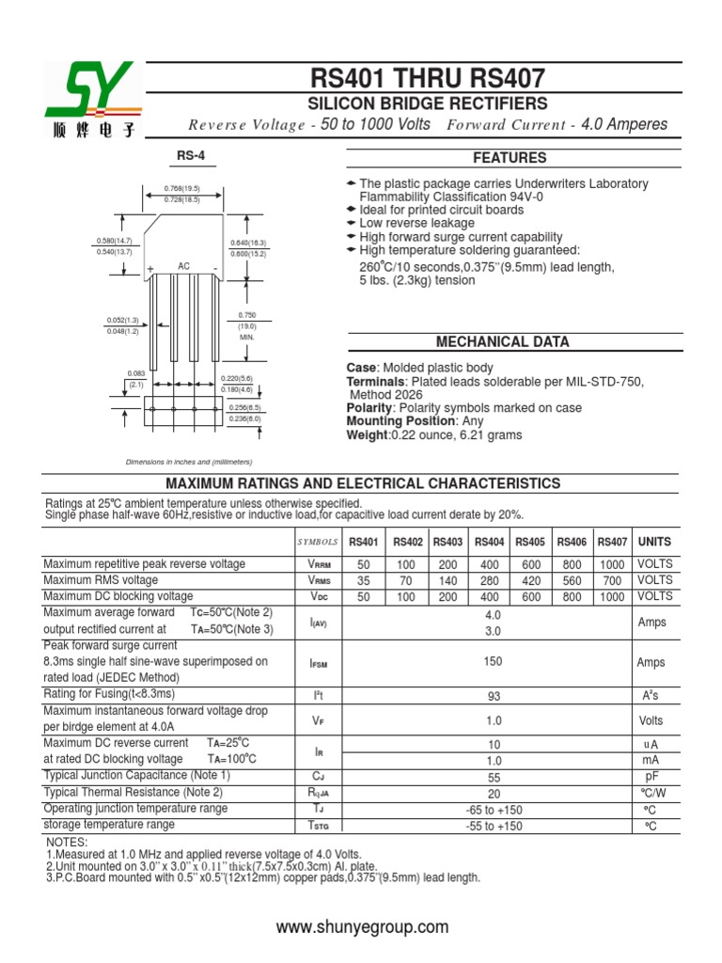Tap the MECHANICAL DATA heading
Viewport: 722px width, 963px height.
click(502, 341)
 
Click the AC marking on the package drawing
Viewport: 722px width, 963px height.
click(184, 267)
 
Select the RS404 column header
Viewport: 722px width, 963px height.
click(490, 542)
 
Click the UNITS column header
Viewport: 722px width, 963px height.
click(654, 542)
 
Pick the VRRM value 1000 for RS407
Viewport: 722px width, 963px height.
click(611, 564)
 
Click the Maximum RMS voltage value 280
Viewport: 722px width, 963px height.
click(490, 580)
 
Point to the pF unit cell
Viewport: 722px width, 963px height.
click(651, 777)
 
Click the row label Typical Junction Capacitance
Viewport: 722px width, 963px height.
click(137, 776)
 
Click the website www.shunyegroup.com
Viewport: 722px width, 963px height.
click(362, 927)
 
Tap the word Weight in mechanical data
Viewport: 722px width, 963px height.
click(367, 435)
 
